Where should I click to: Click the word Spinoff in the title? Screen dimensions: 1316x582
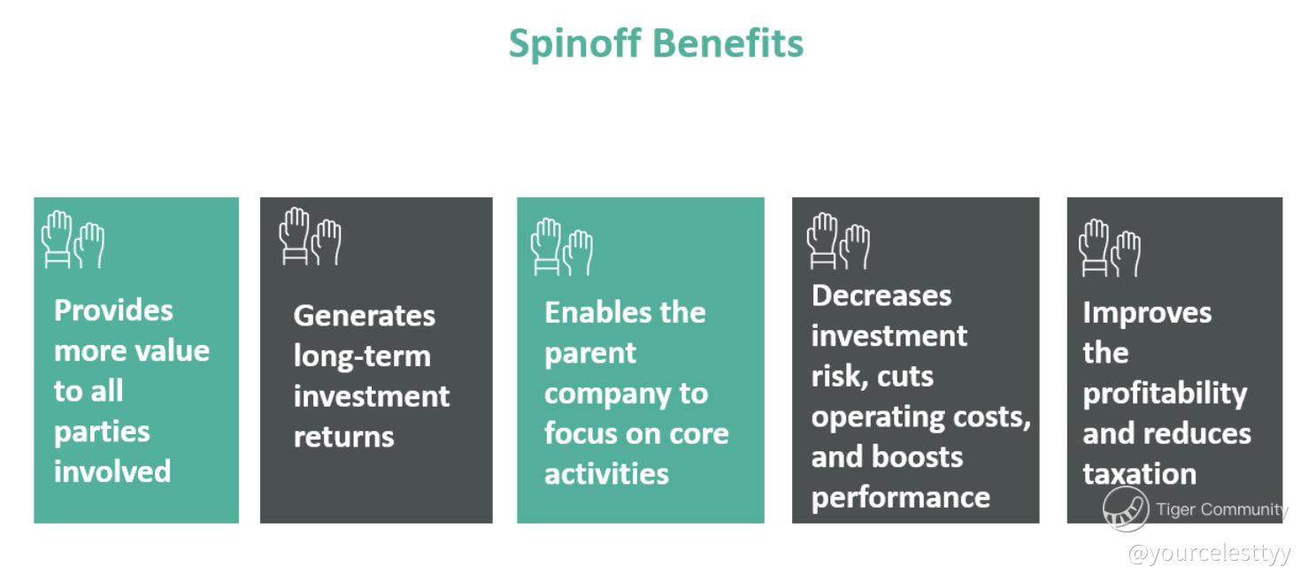pyautogui.click(x=574, y=44)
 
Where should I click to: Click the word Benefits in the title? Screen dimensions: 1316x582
pyautogui.click(x=727, y=42)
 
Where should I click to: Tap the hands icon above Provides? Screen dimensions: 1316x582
pyautogui.click(x=73, y=241)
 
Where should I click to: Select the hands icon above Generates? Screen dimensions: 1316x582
pyautogui.click(x=311, y=237)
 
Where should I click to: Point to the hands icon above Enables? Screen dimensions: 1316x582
pyautogui.click(x=562, y=248)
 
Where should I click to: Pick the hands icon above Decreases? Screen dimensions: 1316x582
pyautogui.click(x=838, y=241)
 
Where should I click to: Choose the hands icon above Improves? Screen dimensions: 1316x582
pyautogui.click(x=1110, y=248)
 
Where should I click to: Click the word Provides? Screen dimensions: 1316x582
pyautogui.click(x=113, y=310)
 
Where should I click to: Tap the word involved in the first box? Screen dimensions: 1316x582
pyautogui.click(x=112, y=471)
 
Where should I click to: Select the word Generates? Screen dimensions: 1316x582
pyautogui.click(x=365, y=316)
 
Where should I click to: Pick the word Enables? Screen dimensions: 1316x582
pyautogui.click(x=592, y=312)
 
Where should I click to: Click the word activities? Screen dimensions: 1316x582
pyautogui.click(x=606, y=473)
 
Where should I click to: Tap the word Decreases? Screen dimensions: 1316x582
pyautogui.click(x=881, y=295)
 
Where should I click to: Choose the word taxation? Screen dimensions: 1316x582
pyautogui.click(x=1140, y=474)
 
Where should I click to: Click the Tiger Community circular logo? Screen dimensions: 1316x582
pyautogui.click(x=1126, y=509)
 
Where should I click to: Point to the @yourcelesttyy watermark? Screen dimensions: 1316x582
pyautogui.click(x=1210, y=554)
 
